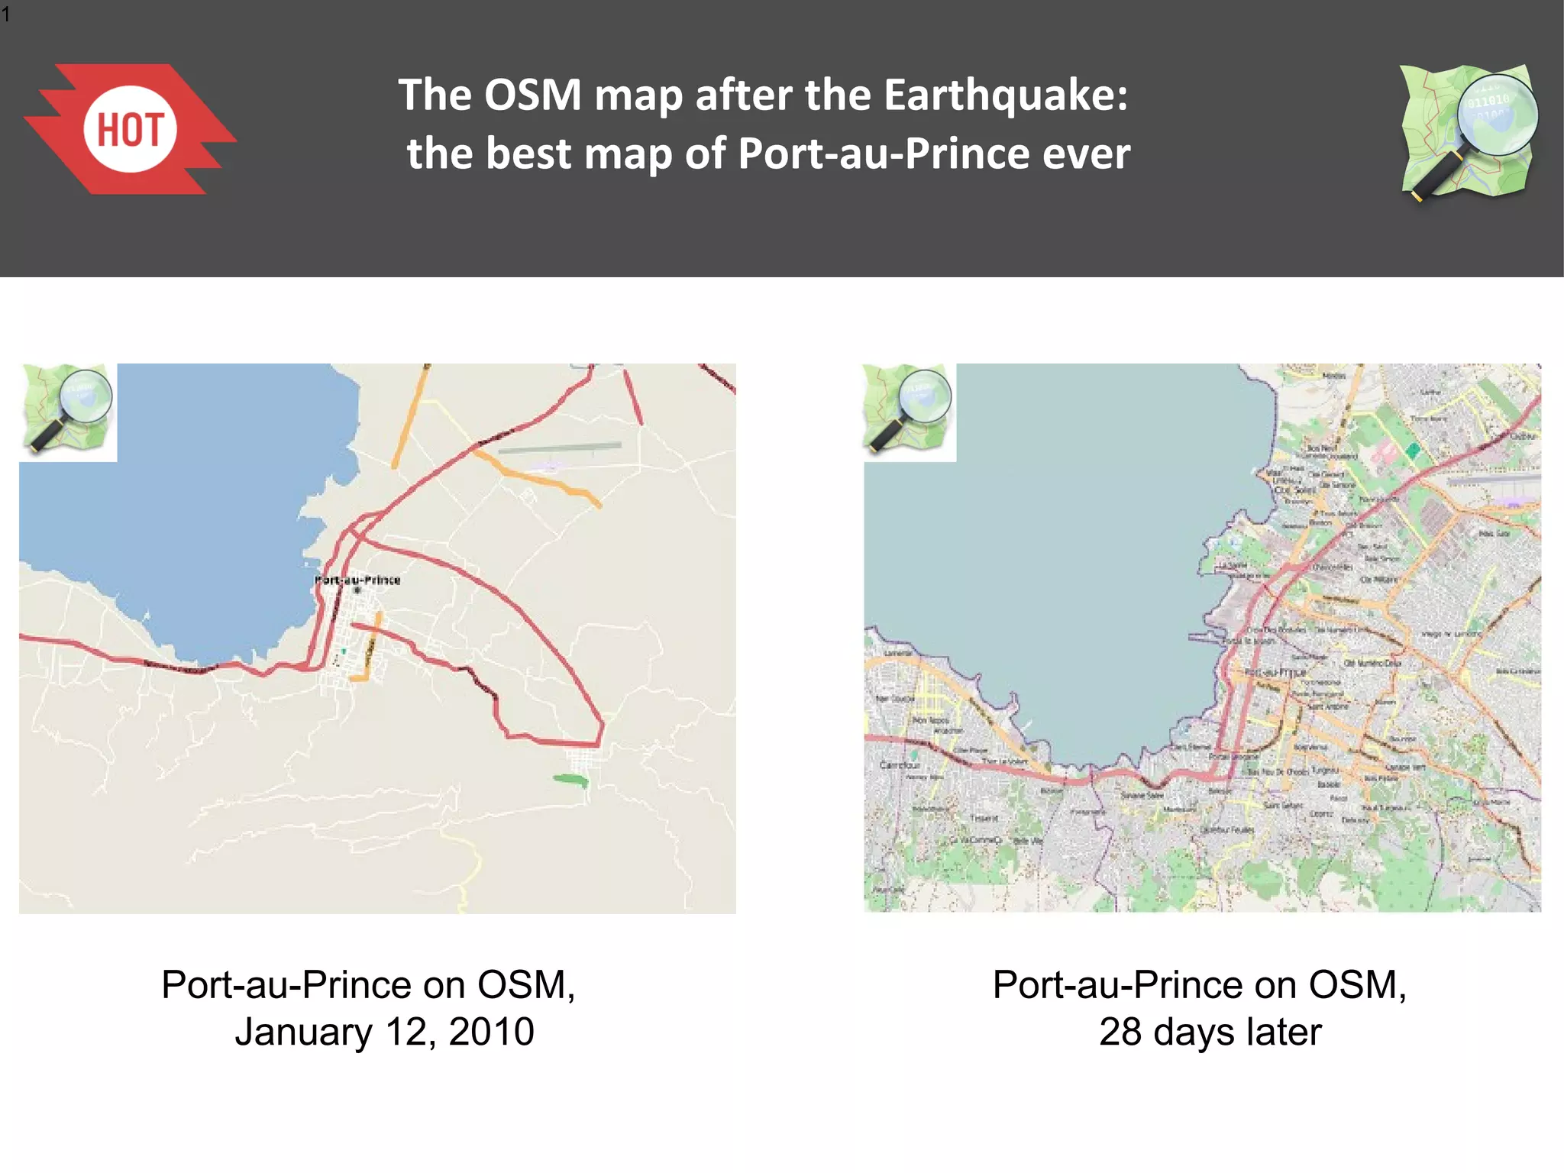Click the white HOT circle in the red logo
coord(130,129)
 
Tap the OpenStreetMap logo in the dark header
coord(1469,132)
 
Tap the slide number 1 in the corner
coord(6,14)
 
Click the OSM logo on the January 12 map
coord(69,411)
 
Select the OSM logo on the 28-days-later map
coord(909,411)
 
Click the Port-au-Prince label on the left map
coord(357,580)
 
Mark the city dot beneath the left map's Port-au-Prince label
coord(357,590)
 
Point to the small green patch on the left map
coord(570,780)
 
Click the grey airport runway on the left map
coord(560,448)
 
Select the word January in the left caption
coord(303,1032)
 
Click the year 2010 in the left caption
coord(491,1032)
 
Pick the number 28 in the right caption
coord(1120,1032)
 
